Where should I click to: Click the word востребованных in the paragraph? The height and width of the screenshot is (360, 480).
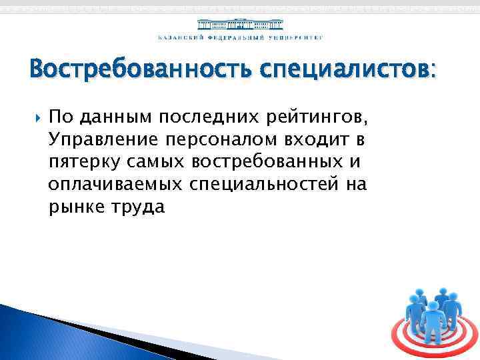pos(268,162)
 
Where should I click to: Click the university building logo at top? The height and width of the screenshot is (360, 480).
pos(240,23)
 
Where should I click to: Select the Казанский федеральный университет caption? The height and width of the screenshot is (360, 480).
pos(240,37)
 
